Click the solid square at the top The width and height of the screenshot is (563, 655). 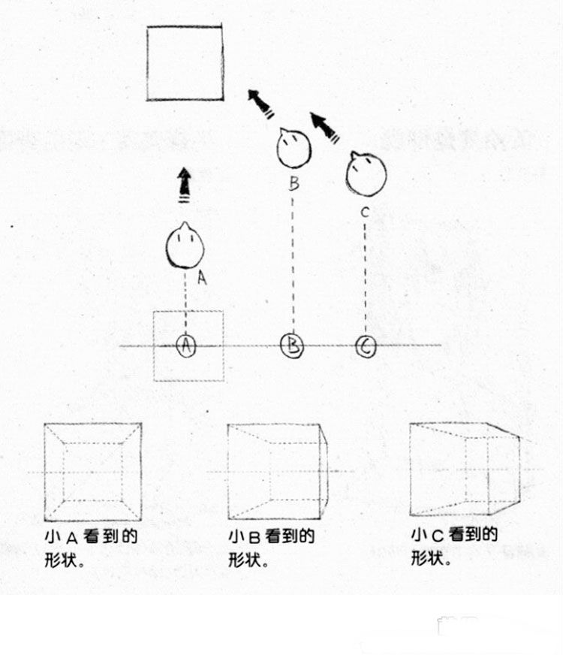[185, 63]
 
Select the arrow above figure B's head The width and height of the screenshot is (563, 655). [261, 104]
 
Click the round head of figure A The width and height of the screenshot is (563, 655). [185, 246]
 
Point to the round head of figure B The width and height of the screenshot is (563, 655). [294, 148]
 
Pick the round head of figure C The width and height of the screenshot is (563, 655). [366, 174]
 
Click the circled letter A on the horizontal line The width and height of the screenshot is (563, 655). [185, 346]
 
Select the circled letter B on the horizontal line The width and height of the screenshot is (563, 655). [293, 346]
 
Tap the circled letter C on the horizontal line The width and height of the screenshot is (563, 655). [366, 347]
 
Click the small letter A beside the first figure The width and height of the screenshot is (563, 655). [201, 277]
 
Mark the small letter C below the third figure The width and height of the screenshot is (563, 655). [365, 212]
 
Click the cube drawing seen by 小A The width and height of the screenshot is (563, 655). [92, 472]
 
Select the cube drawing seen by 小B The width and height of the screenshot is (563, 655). [278, 471]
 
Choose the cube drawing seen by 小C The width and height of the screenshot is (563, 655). [464, 469]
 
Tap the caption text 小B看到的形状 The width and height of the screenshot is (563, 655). [272, 548]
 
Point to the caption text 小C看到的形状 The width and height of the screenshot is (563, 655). [454, 546]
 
